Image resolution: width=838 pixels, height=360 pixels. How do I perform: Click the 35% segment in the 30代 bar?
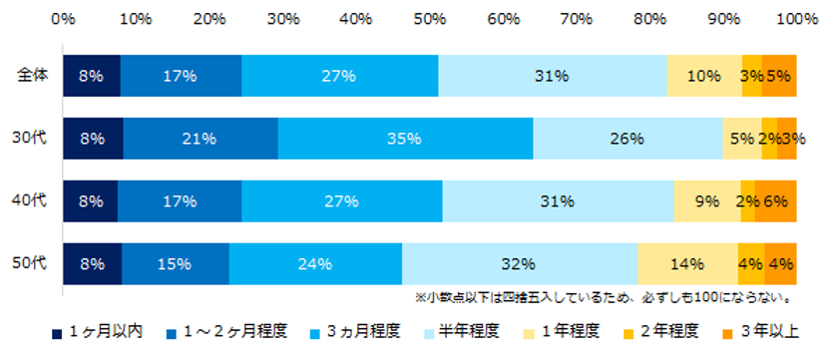[x=405, y=139]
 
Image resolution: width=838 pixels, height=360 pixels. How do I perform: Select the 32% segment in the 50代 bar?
[x=520, y=264]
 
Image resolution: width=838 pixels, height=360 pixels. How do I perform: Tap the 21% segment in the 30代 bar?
[x=200, y=139]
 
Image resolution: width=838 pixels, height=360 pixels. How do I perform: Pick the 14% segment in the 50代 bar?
[x=686, y=264]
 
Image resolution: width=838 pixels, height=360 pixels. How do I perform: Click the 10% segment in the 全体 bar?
[x=703, y=76]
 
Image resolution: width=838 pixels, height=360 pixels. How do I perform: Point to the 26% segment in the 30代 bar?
[x=627, y=139]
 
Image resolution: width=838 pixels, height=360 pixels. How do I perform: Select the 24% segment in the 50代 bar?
[x=315, y=264]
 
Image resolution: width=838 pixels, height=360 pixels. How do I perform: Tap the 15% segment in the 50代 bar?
[x=175, y=264]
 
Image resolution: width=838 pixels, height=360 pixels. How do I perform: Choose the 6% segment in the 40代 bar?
[x=775, y=201]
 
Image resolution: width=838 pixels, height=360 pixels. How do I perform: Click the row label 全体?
[x=33, y=76]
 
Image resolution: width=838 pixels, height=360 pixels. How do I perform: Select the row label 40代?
[x=33, y=201]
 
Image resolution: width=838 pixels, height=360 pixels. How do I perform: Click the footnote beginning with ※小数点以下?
[x=604, y=297]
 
